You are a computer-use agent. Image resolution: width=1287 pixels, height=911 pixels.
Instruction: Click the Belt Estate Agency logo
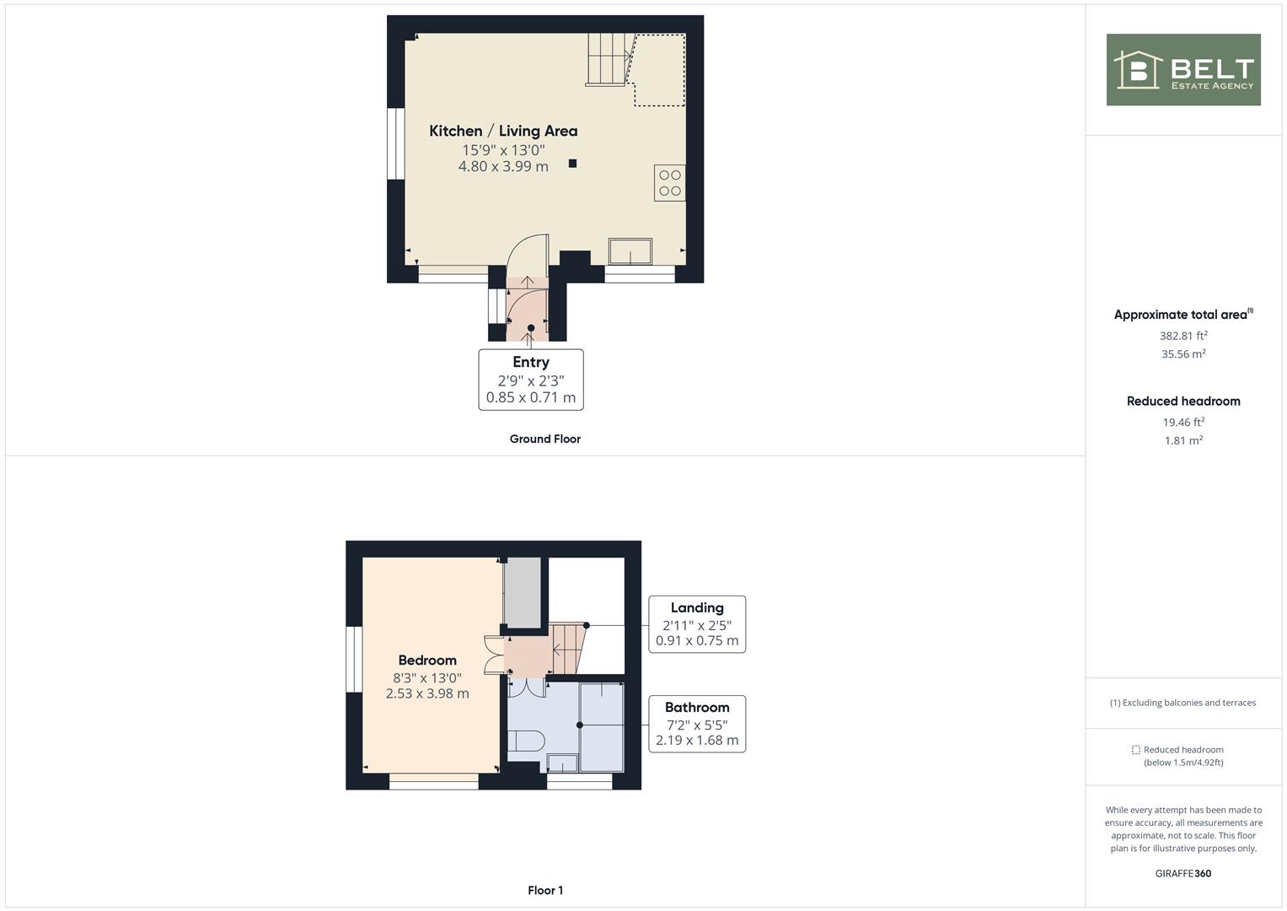pyautogui.click(x=1183, y=69)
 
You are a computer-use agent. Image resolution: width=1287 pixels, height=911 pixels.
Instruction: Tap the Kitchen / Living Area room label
pyautogui.click(x=503, y=131)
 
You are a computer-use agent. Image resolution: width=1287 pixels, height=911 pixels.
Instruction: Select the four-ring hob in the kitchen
pyautogui.click(x=669, y=183)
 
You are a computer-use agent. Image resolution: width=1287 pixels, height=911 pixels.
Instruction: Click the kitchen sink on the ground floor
pyautogui.click(x=630, y=251)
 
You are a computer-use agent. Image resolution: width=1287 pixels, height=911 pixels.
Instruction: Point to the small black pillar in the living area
pyautogui.click(x=572, y=164)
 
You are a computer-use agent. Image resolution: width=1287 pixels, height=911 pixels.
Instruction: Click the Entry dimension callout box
pyautogui.click(x=531, y=380)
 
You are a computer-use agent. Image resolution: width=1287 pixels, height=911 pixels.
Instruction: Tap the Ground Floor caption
pyautogui.click(x=544, y=439)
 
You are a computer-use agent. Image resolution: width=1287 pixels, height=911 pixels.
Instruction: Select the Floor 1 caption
pyautogui.click(x=545, y=890)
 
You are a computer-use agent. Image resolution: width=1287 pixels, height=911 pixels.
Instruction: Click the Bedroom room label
pyautogui.click(x=427, y=660)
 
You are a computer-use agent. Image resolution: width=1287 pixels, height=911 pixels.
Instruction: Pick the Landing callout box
pyautogui.click(x=697, y=624)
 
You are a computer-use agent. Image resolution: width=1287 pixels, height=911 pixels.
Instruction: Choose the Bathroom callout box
pyautogui.click(x=697, y=724)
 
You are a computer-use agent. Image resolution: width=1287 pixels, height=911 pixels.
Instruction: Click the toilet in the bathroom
pyautogui.click(x=526, y=741)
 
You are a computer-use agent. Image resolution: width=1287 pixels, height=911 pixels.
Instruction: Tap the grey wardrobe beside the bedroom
pyautogui.click(x=523, y=592)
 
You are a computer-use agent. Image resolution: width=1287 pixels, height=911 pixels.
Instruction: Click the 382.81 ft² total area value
pyautogui.click(x=1183, y=336)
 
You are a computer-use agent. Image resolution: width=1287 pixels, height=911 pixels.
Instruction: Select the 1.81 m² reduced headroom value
pyautogui.click(x=1183, y=440)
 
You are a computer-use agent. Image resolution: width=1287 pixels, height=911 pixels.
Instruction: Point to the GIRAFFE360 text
pyautogui.click(x=1183, y=874)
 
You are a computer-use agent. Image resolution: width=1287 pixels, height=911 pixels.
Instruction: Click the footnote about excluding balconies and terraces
pyautogui.click(x=1182, y=703)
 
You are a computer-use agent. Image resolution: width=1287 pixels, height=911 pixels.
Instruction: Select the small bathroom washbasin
pyautogui.click(x=562, y=763)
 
